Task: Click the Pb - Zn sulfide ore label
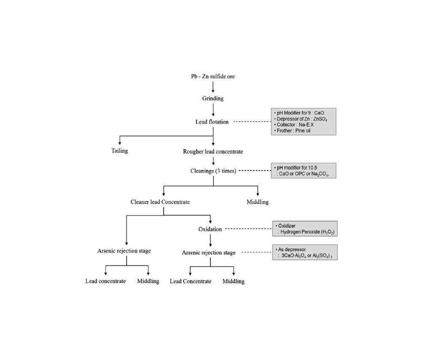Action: tap(213, 77)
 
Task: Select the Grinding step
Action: tap(213, 99)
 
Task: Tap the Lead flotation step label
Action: tap(212, 122)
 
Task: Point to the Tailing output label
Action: tap(119, 151)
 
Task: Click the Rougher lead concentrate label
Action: tap(213, 152)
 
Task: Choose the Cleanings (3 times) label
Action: tap(213, 171)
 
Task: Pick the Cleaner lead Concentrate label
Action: tap(160, 202)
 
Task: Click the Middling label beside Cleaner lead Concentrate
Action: tap(258, 202)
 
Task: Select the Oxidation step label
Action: tap(210, 229)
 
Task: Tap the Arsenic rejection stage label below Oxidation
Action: tap(209, 252)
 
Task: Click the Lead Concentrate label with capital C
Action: tap(190, 281)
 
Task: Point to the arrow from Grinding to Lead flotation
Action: tap(213, 110)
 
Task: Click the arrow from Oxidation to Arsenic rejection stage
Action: tap(210, 241)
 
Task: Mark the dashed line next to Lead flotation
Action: tap(252, 122)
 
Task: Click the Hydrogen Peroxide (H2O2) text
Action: tap(307, 232)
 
